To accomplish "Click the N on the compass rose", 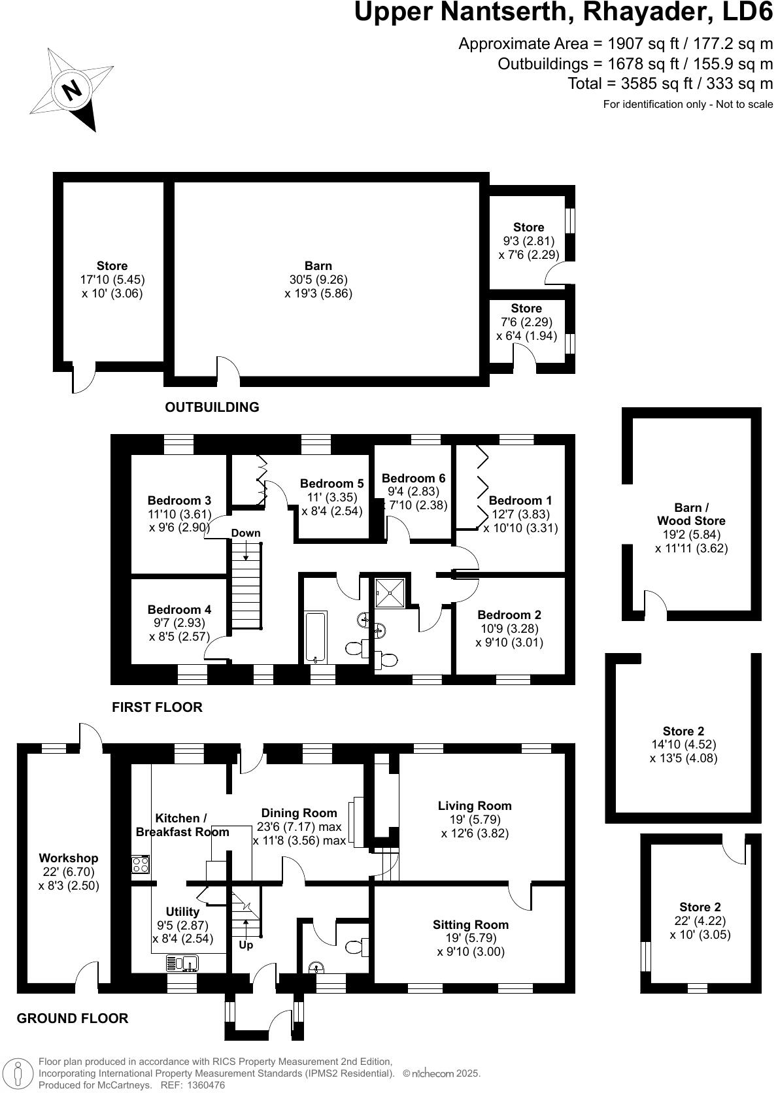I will [x=72, y=89].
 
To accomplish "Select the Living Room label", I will [x=475, y=806].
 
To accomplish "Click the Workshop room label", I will [x=69, y=858].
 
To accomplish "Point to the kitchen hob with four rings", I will [x=141, y=865].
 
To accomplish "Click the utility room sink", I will [x=182, y=963].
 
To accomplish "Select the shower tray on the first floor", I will [x=391, y=592].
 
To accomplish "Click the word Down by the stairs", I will [x=246, y=533].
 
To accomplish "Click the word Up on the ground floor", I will [x=246, y=945].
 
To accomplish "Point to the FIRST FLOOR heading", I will [x=157, y=707].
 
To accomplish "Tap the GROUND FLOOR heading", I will [x=73, y=1018].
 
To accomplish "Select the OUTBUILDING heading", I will [x=212, y=407].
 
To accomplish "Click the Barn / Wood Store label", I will [x=691, y=514].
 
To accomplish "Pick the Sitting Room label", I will [x=471, y=924].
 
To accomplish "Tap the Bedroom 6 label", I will [x=414, y=478].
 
